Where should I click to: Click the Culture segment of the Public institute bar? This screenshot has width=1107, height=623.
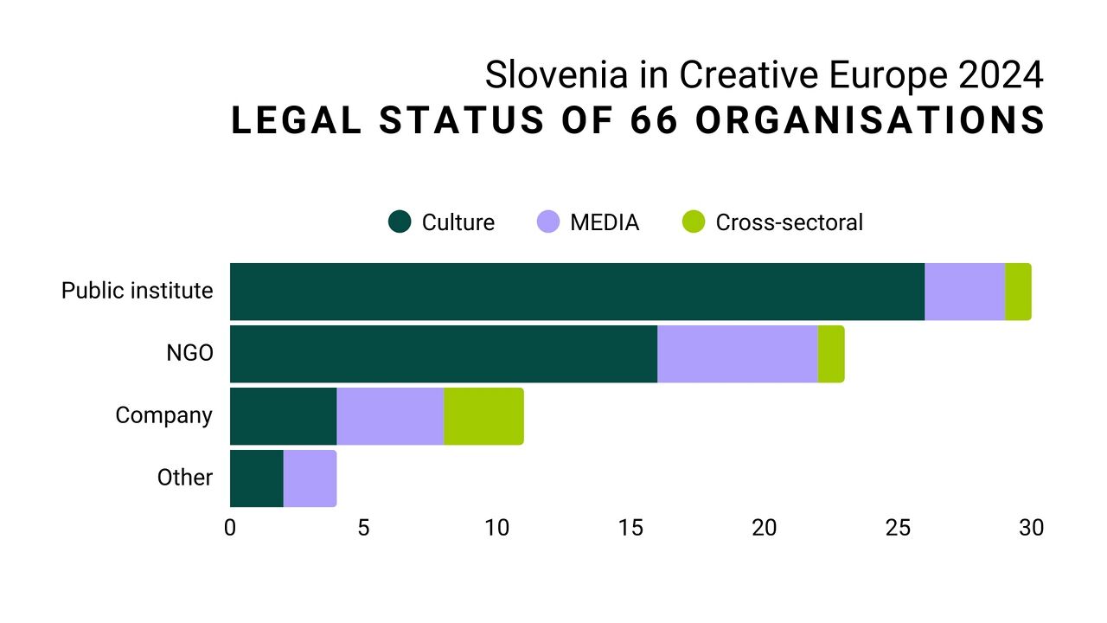(577, 292)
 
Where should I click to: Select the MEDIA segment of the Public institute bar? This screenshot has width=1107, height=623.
(964, 292)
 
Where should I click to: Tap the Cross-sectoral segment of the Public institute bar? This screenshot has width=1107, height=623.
(1018, 292)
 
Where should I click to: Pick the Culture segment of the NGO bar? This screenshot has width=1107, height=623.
(443, 354)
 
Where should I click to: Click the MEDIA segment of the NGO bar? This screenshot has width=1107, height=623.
(737, 354)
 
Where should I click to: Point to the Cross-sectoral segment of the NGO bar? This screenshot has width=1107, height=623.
(831, 354)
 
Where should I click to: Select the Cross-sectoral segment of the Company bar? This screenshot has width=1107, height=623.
(483, 416)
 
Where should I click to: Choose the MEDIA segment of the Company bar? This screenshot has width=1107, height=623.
(390, 416)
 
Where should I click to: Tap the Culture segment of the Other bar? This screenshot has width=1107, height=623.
(256, 478)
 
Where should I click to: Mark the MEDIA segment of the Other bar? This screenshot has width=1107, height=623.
(310, 478)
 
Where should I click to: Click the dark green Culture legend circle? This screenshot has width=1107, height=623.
(400, 222)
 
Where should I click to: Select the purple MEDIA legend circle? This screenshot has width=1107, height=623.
(548, 222)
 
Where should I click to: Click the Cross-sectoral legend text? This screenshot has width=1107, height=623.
(789, 222)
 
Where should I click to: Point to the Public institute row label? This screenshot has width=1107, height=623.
(137, 291)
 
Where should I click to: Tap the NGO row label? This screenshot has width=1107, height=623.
(189, 353)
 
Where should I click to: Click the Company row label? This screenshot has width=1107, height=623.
(163, 415)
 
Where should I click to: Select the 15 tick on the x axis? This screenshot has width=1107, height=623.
(630, 528)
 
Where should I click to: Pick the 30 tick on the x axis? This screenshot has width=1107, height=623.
(1031, 528)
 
